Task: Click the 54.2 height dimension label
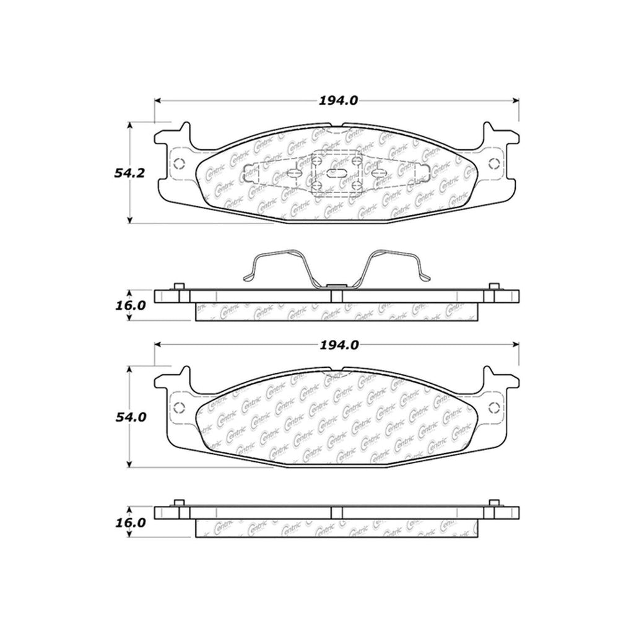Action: [129, 173]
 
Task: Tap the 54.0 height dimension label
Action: [129, 417]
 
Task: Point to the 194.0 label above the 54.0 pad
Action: [339, 345]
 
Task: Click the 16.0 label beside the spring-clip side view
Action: [129, 306]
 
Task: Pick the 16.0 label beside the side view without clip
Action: [129, 522]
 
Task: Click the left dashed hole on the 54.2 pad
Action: [180, 164]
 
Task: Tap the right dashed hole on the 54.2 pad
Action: [494, 164]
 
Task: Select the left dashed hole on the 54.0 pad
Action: [180, 408]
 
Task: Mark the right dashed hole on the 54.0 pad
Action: [494, 408]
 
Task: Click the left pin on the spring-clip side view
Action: [179, 286]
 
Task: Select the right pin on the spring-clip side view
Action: [493, 286]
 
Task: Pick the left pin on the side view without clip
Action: [179, 502]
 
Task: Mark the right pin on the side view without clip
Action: [493, 502]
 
